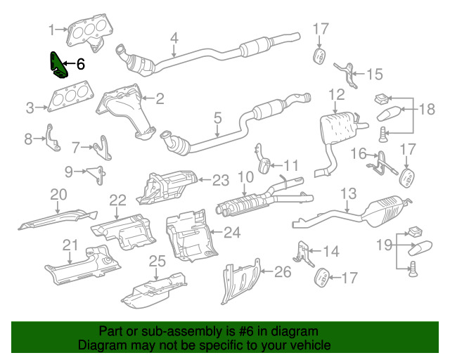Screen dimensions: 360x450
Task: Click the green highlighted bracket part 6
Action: [56, 65]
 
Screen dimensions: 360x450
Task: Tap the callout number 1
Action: [51, 30]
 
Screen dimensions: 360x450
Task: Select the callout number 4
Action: [174, 38]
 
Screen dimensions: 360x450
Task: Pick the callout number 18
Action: [427, 109]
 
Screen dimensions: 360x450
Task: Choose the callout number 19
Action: [383, 245]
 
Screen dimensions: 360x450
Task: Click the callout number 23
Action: [221, 180]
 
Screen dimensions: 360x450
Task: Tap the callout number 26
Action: [282, 271]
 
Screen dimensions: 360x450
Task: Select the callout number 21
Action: [68, 245]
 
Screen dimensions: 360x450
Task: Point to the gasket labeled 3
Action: [66, 98]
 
